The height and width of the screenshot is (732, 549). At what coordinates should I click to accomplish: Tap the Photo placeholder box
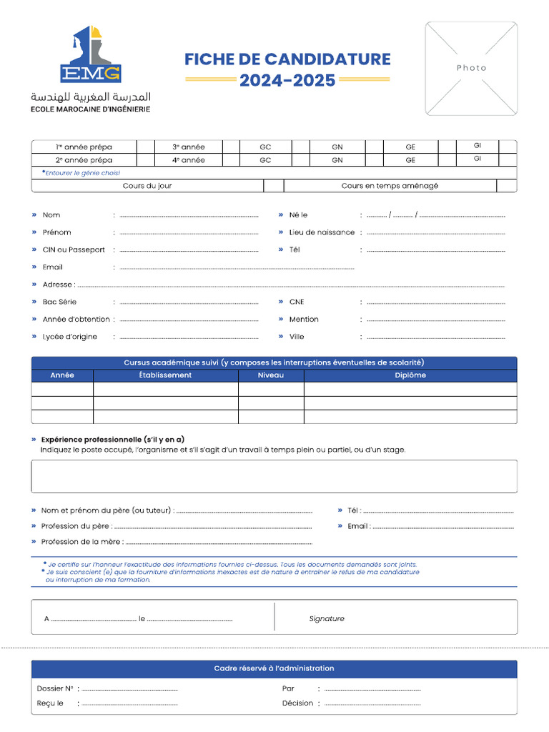[471, 68]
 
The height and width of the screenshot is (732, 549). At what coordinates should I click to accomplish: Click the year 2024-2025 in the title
[287, 81]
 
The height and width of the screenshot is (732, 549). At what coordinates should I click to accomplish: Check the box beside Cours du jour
[273, 186]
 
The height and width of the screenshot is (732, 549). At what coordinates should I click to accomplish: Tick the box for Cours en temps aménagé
[506, 186]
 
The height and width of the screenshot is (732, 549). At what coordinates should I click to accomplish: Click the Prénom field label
[56, 232]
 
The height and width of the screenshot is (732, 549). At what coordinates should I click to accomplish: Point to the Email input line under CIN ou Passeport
[236, 267]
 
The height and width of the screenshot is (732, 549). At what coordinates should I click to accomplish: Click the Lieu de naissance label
[322, 232]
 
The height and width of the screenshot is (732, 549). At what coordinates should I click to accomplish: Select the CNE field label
[297, 302]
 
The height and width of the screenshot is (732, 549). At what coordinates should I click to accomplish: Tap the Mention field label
[304, 319]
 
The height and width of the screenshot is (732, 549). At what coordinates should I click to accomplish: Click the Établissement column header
[165, 375]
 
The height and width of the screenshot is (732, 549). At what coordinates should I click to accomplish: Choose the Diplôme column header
[410, 375]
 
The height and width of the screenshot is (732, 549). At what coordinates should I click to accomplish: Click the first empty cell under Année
[62, 389]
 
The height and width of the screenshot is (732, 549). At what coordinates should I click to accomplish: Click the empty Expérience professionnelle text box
[274, 476]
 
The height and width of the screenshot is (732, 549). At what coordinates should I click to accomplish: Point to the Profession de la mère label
[82, 542]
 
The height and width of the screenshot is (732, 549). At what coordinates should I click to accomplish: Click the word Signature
[327, 618]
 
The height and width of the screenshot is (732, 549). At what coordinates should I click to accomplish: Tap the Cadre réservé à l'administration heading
[274, 668]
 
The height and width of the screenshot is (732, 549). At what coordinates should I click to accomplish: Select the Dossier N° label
[55, 688]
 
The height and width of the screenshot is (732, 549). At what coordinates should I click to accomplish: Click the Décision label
[297, 703]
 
